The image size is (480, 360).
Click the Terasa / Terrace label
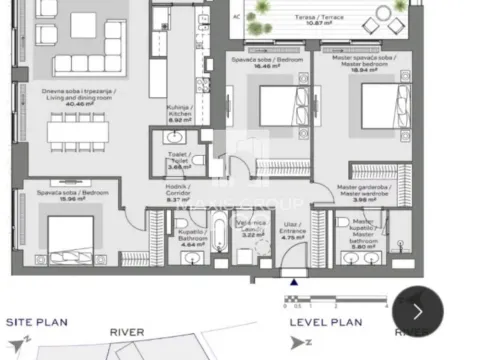pos(305,20)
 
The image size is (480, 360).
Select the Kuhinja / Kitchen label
pos(180,116)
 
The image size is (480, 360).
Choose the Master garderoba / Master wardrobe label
pos(366,193)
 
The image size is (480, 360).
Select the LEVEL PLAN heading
pos(325,322)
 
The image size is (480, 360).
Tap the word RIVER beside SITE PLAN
pos(127,332)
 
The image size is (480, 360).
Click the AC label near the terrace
pos(236,17)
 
